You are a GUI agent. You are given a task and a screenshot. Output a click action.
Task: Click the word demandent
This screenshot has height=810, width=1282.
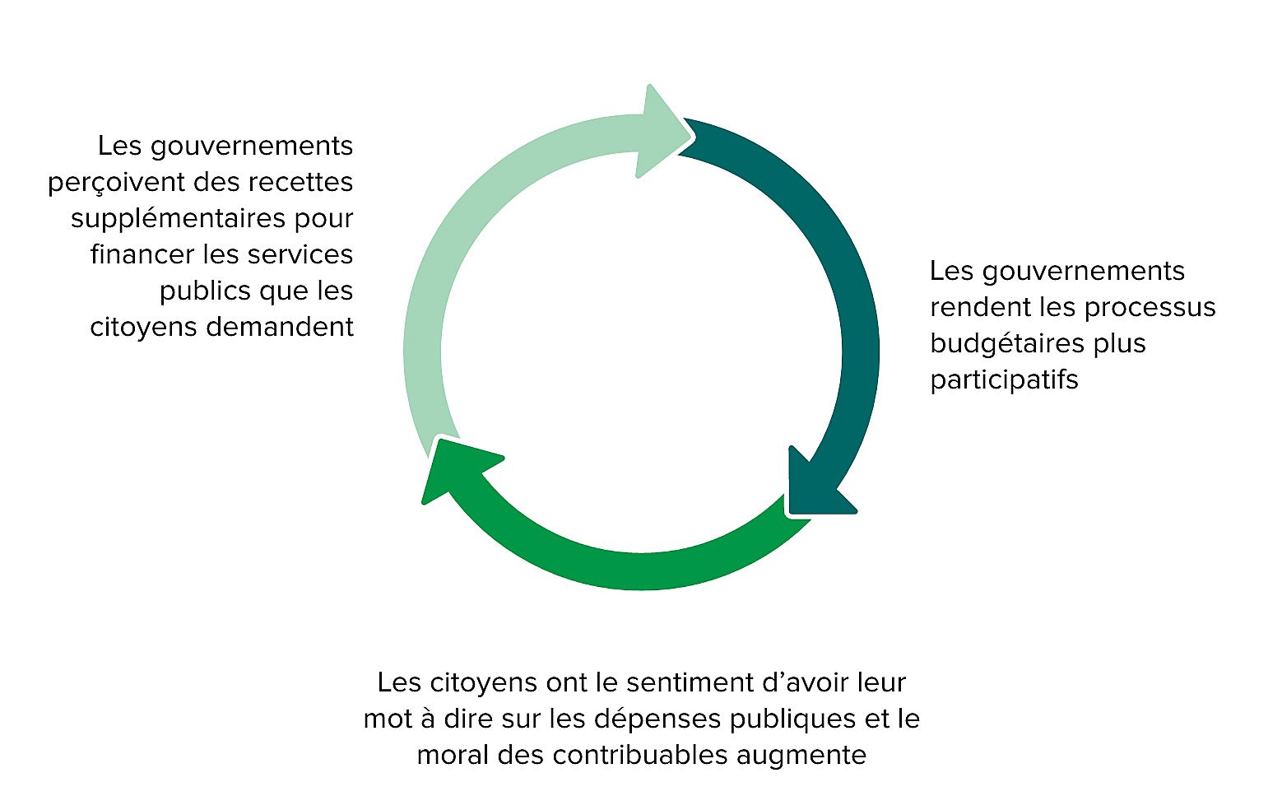click(279, 327)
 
